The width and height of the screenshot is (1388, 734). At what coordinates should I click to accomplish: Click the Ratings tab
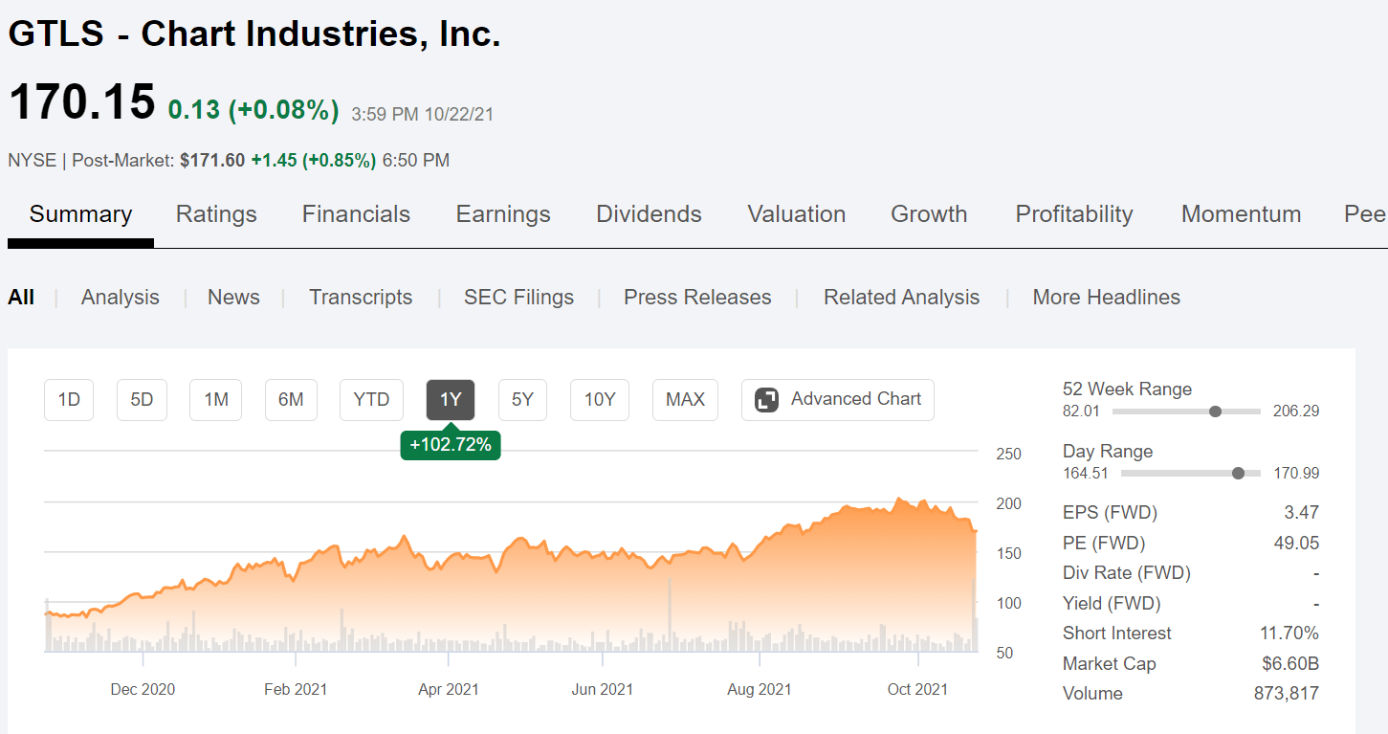coord(216,214)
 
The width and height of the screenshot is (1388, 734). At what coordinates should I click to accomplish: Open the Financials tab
coord(356,214)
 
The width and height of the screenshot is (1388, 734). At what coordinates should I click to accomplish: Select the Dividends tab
coord(649,214)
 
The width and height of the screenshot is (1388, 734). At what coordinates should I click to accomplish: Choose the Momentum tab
coord(1241,214)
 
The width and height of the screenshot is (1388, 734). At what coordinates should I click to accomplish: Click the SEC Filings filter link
coord(518,298)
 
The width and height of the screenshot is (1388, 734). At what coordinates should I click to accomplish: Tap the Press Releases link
coord(697,298)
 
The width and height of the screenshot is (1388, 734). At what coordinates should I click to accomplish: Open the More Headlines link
coord(1106,298)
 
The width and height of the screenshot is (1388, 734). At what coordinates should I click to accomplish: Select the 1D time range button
coord(69,400)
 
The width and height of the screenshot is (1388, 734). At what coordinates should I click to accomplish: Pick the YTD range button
coord(371,400)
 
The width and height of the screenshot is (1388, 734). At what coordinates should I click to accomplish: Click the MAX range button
coord(685,400)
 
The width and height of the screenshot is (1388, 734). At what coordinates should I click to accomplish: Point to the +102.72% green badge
coord(451,445)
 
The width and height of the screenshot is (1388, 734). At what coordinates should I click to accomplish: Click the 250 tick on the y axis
coord(1008,455)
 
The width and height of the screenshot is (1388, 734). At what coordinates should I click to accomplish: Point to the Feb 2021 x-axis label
coord(296,689)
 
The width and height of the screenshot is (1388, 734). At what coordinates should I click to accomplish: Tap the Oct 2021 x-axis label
coord(917,689)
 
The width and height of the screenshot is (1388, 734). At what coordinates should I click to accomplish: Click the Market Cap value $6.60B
coord(1290,664)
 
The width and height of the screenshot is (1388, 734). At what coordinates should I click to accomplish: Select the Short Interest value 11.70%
coord(1289,634)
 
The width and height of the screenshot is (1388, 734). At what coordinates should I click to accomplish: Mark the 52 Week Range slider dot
coord(1215,411)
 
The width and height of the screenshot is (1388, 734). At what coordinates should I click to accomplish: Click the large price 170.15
coord(81,102)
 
